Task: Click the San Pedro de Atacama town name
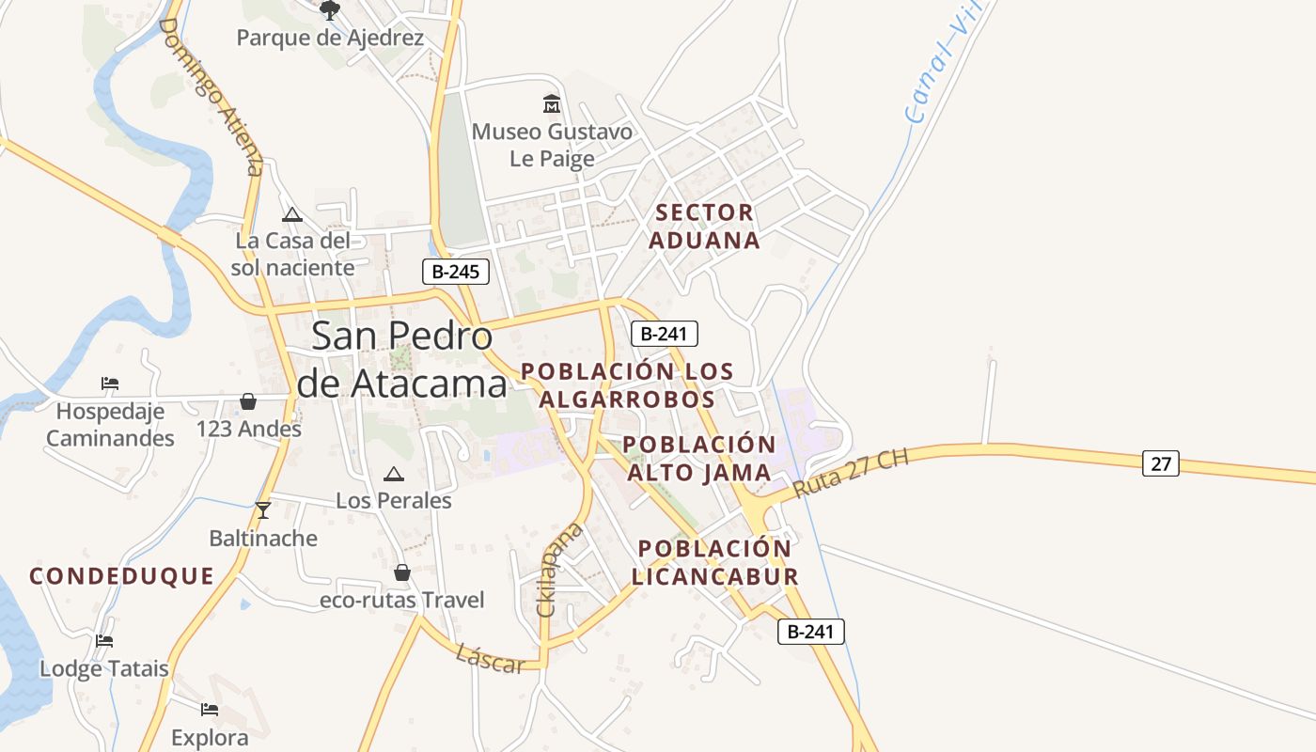(401, 360)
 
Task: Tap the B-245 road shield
(456, 273)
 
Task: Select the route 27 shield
(1161, 463)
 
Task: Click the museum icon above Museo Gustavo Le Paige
(552, 102)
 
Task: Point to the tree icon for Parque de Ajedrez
(330, 10)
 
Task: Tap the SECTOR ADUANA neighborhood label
(705, 227)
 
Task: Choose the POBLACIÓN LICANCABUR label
(714, 562)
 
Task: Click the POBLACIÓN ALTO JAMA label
(699, 458)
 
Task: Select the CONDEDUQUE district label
(122, 576)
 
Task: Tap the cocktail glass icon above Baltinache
(263, 510)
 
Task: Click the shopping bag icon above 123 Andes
(248, 402)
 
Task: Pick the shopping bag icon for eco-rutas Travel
(402, 572)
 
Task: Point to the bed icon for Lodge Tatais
(104, 641)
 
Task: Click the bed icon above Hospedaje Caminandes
(110, 384)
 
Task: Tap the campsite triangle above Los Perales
(393, 474)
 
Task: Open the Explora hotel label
(210, 738)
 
